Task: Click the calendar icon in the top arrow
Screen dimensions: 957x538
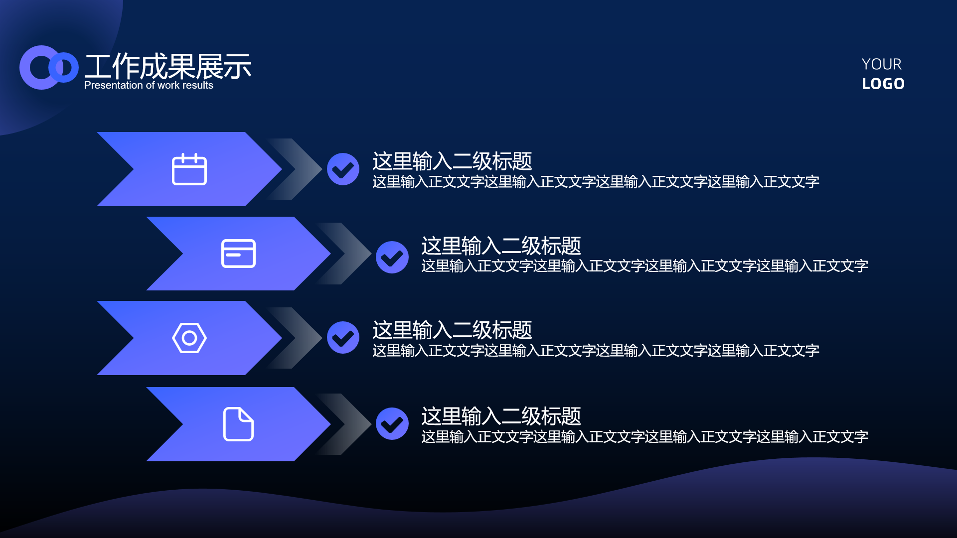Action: (x=189, y=169)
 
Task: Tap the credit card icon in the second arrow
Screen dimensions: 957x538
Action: (x=238, y=254)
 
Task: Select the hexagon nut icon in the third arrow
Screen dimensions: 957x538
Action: (x=189, y=338)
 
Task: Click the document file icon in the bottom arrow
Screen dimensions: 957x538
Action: (x=238, y=424)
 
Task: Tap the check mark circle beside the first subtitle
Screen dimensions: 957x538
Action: (x=343, y=169)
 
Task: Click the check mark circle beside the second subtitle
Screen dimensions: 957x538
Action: (x=392, y=258)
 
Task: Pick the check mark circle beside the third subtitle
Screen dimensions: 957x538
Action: (x=343, y=338)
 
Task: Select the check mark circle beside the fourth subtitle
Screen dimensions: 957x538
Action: (x=392, y=424)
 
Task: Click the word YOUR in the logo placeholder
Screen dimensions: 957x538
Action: (x=882, y=64)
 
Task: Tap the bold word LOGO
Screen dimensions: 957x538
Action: (x=883, y=84)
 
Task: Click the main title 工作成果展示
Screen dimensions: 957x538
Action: (x=168, y=66)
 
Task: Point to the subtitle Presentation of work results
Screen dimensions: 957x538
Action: (x=149, y=85)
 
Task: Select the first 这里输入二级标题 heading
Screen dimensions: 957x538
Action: (x=452, y=161)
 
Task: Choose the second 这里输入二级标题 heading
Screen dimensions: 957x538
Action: (x=501, y=246)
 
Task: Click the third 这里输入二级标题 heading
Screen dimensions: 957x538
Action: (x=452, y=330)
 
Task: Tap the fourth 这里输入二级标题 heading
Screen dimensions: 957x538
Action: (x=501, y=416)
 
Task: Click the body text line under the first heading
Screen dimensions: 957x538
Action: (x=596, y=182)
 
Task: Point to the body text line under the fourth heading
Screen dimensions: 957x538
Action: (x=644, y=437)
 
